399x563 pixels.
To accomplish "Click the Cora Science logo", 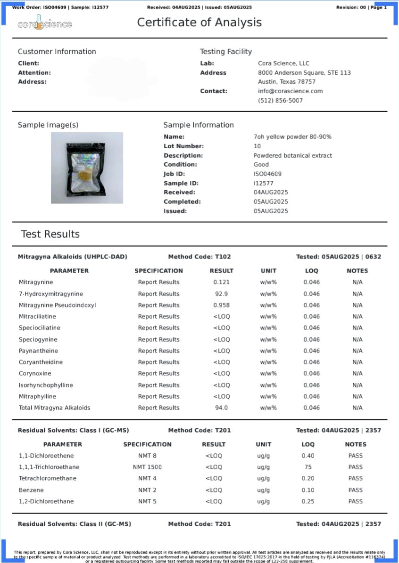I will (x=45, y=24).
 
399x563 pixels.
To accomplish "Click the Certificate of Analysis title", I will (x=199, y=22).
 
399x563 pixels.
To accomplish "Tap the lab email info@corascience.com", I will (x=290, y=91).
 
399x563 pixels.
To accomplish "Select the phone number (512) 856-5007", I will (x=280, y=100).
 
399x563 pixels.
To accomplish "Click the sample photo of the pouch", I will (x=87, y=168).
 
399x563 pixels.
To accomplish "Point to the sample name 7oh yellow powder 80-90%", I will (x=292, y=137).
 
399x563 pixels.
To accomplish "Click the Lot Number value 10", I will (x=257, y=146).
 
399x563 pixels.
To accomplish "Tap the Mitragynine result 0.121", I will (x=221, y=282).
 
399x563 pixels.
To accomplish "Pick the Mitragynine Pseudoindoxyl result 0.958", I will (x=221, y=305).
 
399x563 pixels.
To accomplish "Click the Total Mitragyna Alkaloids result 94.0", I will (x=221, y=408).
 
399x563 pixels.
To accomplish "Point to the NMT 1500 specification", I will (x=147, y=467).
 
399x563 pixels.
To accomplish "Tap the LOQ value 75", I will (x=308, y=467).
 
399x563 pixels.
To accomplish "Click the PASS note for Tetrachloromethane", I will (x=355, y=478).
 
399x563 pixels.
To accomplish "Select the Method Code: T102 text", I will (x=199, y=257).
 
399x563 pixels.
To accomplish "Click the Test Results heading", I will (x=50, y=234).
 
